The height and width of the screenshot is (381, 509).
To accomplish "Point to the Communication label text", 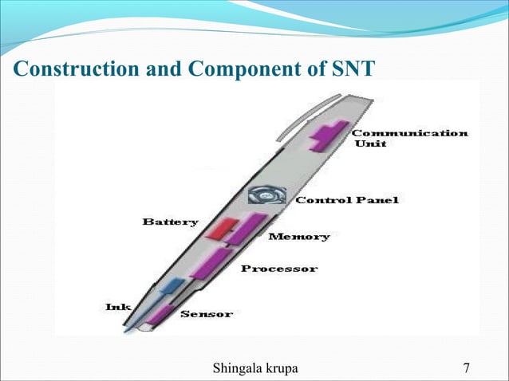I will pos(409,133).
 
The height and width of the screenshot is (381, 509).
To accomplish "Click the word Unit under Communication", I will pos(370,144).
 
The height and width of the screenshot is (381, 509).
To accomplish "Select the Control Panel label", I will pos(346,199).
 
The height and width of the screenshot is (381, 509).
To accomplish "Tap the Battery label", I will pos(170,222).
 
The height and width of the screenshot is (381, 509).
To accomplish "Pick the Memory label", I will pos(298,237).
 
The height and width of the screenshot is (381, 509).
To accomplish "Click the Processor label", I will pos(279,269).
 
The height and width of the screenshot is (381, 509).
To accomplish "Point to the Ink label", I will pos(118,306).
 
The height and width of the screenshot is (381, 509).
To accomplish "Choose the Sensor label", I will pos(207,314).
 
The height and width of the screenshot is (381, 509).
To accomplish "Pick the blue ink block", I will pos(170,286).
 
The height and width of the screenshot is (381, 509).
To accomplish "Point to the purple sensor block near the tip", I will pos(160,313).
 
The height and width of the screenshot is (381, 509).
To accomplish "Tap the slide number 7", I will pos(466,367).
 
